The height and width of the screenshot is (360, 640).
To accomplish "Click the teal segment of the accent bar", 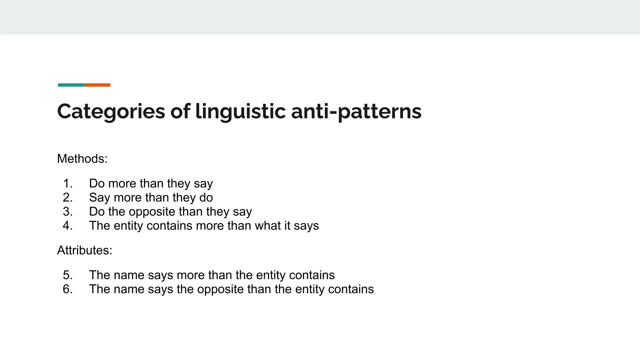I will [x=71, y=85].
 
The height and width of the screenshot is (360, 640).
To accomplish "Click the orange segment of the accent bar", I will [x=97, y=85].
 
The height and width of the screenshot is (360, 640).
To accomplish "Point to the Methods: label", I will [x=82, y=159].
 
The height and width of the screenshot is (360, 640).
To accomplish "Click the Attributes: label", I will [x=84, y=250].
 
